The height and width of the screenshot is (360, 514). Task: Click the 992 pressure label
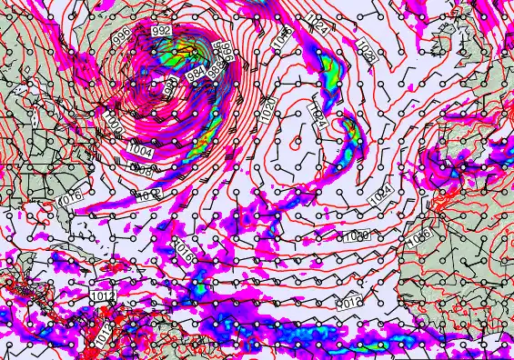162,31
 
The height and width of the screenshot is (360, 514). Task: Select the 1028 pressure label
366,49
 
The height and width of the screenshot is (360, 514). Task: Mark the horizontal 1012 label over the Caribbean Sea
102,296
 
